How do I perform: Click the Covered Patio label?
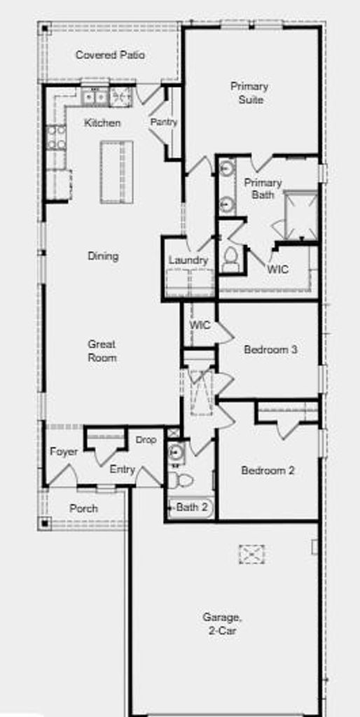coord(110,55)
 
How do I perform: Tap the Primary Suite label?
coord(249,93)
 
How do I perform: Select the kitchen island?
coord(117,172)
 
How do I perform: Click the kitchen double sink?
coord(95,97)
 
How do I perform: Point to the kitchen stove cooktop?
coord(56,138)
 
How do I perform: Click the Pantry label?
coord(164,123)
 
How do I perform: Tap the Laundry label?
coord(188,260)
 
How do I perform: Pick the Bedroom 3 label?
coord(271,350)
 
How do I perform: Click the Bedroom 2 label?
coord(268,470)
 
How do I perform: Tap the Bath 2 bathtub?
coord(191,508)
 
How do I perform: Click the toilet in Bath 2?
coord(180,480)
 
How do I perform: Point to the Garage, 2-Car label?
coord(223,624)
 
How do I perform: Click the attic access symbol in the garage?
coord(251,555)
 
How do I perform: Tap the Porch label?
coord(84,508)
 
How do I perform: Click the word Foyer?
coord(64,452)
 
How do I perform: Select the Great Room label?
coord(102,351)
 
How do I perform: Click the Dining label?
coord(104,256)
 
